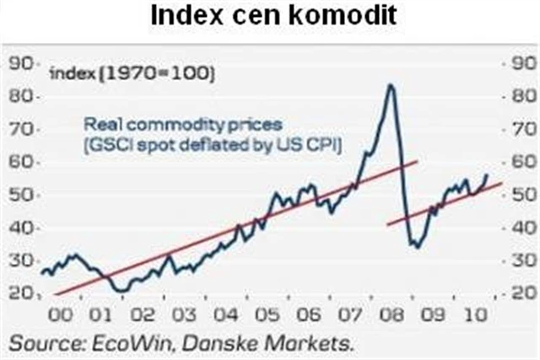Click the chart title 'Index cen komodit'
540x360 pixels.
pos(269,16)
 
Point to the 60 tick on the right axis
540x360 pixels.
pos(519,162)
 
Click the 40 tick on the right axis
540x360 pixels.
pos(519,228)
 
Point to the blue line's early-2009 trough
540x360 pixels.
pos(415,246)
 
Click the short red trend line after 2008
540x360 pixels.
pos(443,203)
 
